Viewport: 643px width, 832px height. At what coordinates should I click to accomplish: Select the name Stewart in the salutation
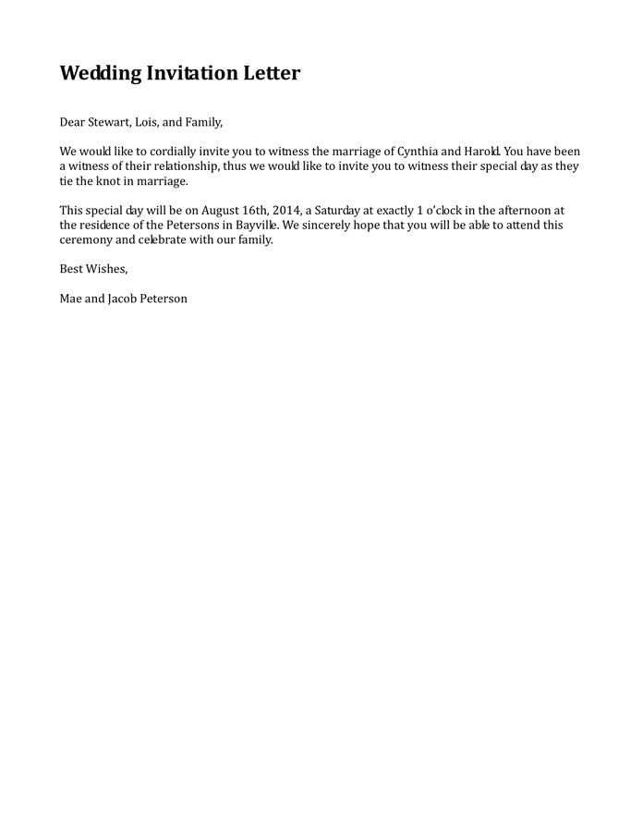[x=111, y=122]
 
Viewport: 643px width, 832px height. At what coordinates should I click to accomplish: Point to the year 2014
[x=286, y=211]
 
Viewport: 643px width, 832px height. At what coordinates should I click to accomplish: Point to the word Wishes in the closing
[x=106, y=270]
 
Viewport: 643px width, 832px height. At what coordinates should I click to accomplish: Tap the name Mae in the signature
[x=70, y=300]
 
